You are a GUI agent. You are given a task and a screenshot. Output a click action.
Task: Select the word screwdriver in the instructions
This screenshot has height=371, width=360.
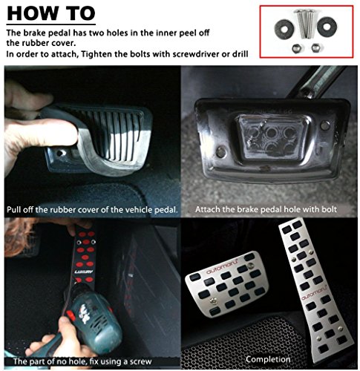coord(196,54)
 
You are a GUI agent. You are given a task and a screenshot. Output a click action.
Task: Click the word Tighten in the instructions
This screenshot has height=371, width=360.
coord(96,54)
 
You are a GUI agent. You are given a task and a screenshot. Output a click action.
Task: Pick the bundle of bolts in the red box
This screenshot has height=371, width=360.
coord(306,24)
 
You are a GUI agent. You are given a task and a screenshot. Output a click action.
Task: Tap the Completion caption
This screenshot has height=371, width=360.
coord(268,359)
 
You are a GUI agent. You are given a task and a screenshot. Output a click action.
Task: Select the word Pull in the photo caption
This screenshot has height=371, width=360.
coord(14,210)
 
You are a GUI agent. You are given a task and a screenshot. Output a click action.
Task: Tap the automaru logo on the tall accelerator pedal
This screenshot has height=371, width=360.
coord(314,293)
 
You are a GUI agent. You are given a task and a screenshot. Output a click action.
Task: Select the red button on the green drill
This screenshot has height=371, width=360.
coord(71,315)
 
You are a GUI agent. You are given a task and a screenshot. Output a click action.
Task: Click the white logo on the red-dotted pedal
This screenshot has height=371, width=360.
coord(84,272)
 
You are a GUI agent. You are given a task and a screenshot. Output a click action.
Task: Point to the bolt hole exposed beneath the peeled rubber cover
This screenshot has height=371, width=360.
coord(59,154)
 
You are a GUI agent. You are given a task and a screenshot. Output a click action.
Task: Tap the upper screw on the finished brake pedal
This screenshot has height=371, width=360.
coord(250,266)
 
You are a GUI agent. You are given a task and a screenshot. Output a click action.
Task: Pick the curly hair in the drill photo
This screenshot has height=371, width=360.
coord(19,237)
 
